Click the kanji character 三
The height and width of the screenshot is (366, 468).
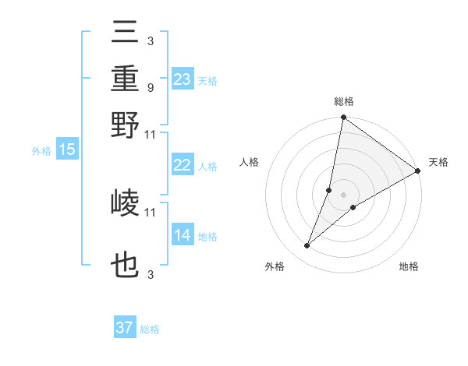pos(126,33)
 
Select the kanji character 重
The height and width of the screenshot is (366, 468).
pos(126,79)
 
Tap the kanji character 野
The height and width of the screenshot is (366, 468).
pos(126,125)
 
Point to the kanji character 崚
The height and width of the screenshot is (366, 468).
pos(126,204)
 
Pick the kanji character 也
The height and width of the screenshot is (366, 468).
pos(126,266)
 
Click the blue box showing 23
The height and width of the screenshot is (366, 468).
pos(182,79)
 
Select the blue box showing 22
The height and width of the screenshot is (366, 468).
pos(182,165)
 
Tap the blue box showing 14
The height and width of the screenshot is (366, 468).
pos(182,235)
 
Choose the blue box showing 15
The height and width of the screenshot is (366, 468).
pos(67,150)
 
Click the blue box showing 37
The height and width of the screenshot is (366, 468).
pos(124,328)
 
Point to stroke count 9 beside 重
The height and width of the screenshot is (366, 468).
pos(150,88)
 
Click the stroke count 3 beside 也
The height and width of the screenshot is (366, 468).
pos(150,274)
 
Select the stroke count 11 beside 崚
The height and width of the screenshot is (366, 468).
pos(151,212)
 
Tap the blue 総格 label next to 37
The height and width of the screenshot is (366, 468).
pos(150,329)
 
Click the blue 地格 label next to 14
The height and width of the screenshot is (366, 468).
pos(207,237)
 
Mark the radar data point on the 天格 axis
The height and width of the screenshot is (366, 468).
pos(418,171)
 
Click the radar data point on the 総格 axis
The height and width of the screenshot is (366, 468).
pos(343,118)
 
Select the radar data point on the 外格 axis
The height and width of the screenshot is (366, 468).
pos(307,246)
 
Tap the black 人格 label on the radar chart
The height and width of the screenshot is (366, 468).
pos(250,162)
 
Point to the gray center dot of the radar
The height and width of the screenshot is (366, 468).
pos(343,194)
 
